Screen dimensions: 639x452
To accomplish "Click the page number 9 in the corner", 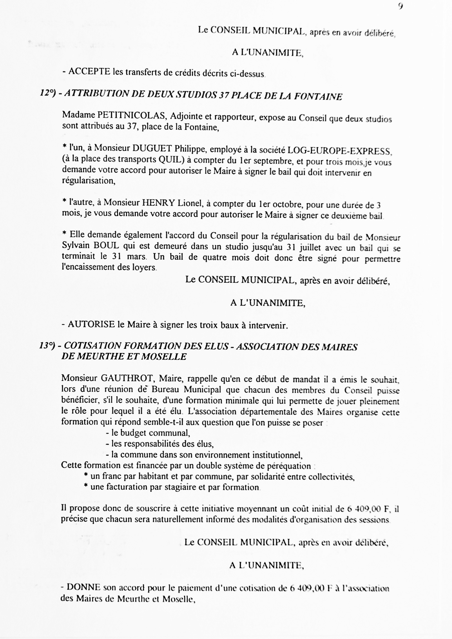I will pyautogui.click(x=400, y=6).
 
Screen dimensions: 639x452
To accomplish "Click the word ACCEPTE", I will pyautogui.click(x=89, y=72).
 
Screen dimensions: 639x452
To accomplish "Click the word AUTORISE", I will pyautogui.click(x=91, y=324).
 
